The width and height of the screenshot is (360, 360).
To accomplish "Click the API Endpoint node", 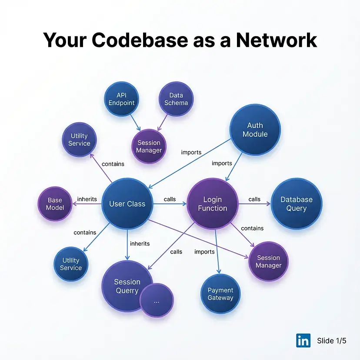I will click(122, 99).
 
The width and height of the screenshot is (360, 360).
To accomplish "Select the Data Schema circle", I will click(176, 99).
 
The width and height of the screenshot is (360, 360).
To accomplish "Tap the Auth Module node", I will click(255, 130).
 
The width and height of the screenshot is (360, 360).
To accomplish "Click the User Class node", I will click(127, 203).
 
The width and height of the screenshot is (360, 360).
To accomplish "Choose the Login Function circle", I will click(213, 203).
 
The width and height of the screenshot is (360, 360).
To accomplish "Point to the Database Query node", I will click(297, 203).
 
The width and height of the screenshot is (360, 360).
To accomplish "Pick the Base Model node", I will click(55, 203).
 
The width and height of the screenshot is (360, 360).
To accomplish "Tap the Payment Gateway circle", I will click(220, 294).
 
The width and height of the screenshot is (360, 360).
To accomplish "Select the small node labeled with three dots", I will click(157, 301).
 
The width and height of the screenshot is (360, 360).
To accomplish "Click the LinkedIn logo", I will click(303, 340).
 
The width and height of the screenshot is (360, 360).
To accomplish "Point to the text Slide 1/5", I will click(332, 340).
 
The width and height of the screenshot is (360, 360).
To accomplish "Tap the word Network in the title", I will click(277, 40).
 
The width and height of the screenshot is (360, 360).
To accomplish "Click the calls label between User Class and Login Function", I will click(170, 199).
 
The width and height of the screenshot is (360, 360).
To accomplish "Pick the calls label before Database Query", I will click(254, 199).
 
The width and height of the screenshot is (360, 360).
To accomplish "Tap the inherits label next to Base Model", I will click(87, 199).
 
